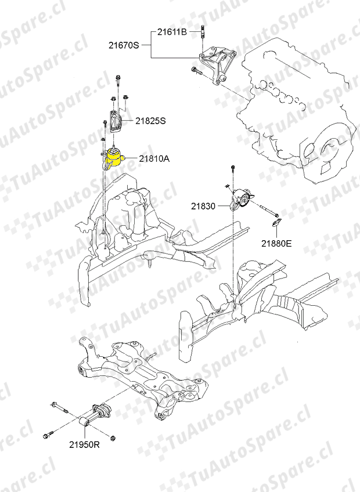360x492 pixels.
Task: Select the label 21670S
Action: click(x=124, y=44)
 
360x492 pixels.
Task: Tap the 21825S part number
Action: click(x=151, y=121)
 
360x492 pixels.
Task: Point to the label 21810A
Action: click(x=154, y=158)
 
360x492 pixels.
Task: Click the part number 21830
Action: click(x=203, y=206)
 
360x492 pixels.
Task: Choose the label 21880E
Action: click(x=276, y=244)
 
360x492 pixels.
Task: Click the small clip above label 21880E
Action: click(x=276, y=223)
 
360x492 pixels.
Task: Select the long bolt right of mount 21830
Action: click(x=264, y=210)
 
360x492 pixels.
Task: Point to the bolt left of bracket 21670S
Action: click(x=195, y=71)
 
